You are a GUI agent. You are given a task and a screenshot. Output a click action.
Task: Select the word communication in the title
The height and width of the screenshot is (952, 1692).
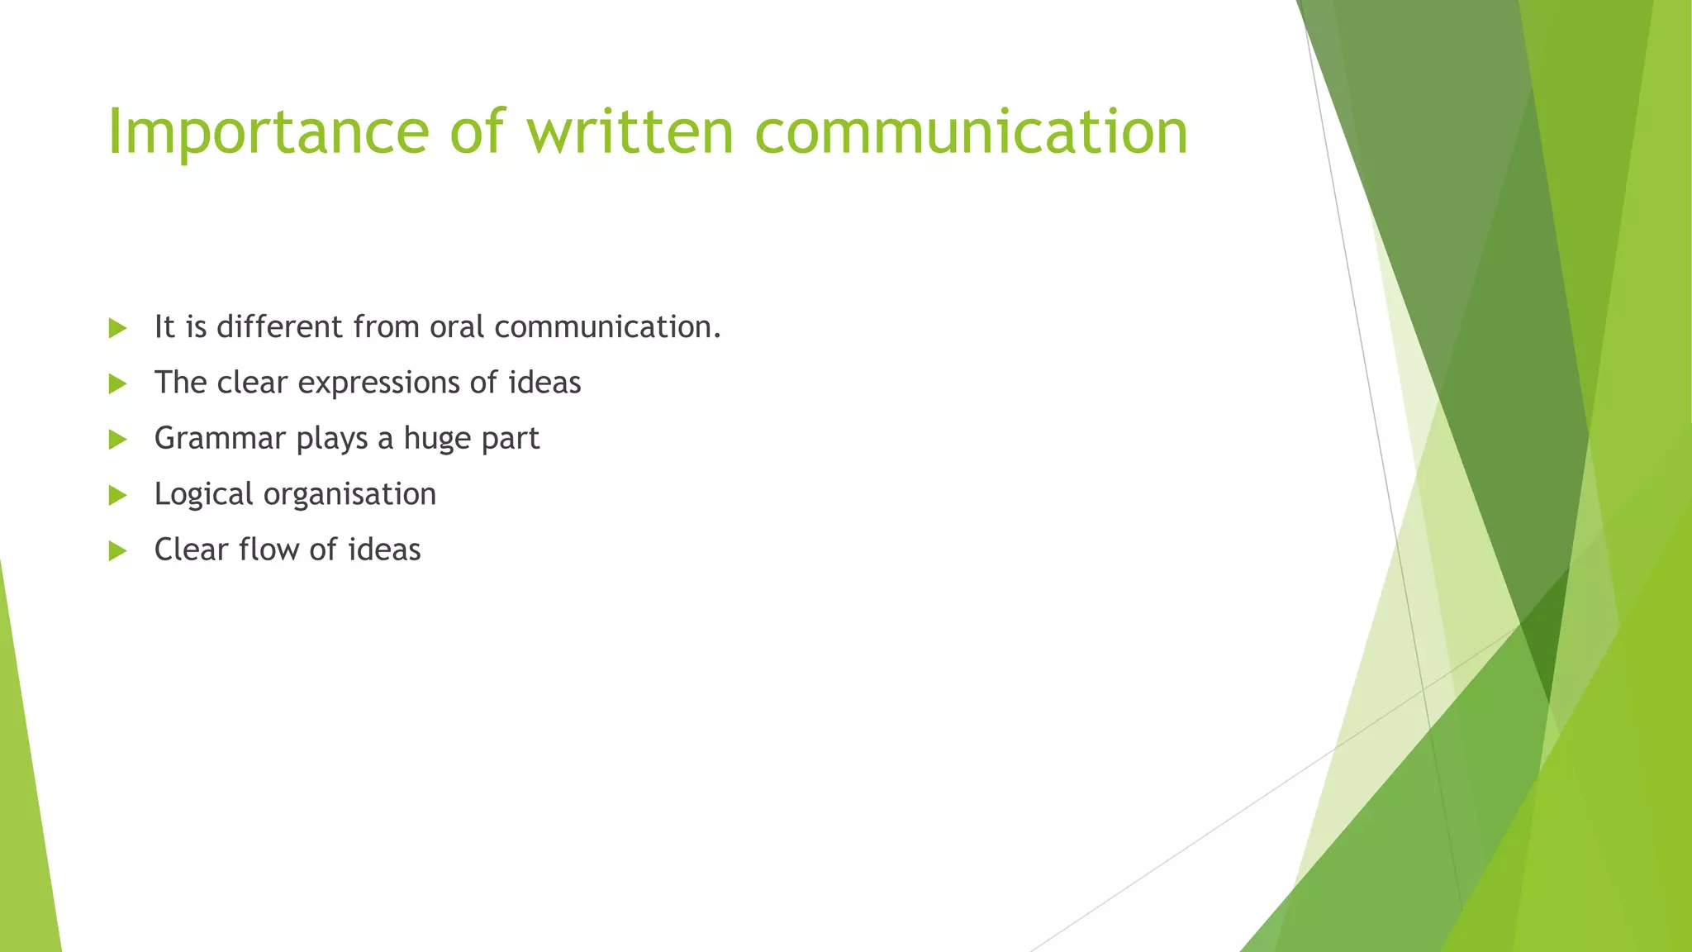971,132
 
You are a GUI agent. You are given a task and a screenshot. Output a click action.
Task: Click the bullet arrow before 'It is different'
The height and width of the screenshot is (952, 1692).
117,328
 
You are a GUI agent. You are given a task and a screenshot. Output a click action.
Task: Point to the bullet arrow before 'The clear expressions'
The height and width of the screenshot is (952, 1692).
117,383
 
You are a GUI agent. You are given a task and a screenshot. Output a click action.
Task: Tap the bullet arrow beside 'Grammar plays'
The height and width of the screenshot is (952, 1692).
117,440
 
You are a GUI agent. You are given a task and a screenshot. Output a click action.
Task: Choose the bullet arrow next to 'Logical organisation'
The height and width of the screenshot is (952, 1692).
117,495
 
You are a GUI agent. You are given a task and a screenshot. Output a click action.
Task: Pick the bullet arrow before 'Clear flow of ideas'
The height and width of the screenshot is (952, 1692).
117,550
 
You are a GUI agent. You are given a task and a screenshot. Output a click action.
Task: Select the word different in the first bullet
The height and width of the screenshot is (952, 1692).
280,327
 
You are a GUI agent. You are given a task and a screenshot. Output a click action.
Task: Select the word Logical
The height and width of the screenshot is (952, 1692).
203,494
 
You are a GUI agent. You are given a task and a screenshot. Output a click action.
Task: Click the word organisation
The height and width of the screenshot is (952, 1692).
349,494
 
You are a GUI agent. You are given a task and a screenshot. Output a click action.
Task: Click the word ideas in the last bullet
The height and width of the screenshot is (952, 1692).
384,550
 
